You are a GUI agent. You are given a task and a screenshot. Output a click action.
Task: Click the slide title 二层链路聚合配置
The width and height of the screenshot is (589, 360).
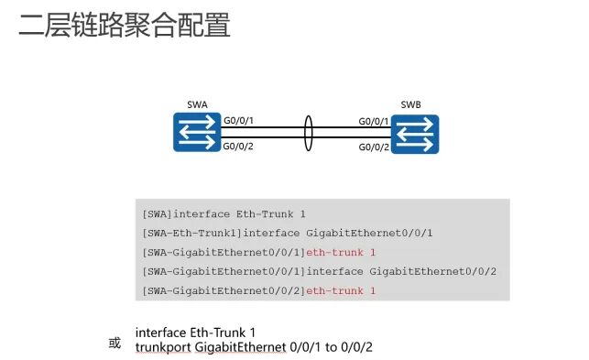click(x=125, y=25)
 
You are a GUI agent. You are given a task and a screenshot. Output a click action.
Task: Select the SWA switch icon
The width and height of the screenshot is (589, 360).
click(x=195, y=133)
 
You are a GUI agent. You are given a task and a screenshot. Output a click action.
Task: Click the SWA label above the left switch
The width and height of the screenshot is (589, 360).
click(x=196, y=104)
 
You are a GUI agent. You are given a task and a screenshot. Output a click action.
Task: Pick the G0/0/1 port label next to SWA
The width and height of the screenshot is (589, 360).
click(x=238, y=121)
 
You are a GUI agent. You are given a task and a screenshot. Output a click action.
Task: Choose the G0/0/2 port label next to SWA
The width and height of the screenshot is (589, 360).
click(x=238, y=145)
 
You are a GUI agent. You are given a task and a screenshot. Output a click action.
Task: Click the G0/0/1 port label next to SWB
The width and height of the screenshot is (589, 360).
click(x=374, y=121)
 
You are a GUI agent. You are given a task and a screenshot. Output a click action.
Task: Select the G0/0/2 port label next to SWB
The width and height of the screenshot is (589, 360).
click(x=374, y=147)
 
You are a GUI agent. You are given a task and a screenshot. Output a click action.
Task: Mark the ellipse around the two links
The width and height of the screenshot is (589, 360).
click(x=309, y=133)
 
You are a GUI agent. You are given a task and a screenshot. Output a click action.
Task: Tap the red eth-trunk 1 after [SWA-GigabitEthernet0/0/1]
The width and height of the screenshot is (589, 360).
click(x=341, y=252)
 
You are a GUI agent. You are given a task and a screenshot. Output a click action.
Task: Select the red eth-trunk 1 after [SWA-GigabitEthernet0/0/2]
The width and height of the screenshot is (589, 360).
click(x=341, y=290)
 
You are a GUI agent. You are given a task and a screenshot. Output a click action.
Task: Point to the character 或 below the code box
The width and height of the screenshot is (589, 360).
click(x=115, y=344)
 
